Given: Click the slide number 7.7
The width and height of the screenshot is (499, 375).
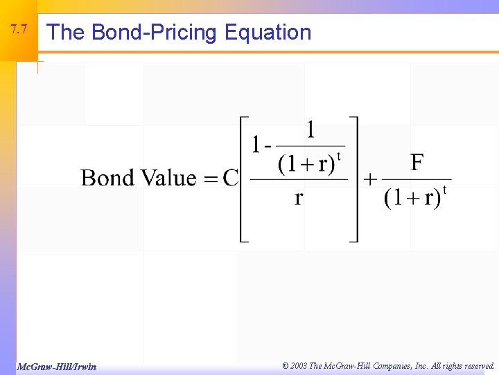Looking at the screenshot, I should [x=19, y=30].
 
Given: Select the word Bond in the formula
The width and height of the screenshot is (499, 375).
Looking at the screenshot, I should [x=108, y=178].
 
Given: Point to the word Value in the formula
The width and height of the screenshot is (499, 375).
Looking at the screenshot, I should [x=168, y=178].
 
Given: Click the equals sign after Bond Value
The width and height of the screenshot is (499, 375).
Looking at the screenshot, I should [x=209, y=178].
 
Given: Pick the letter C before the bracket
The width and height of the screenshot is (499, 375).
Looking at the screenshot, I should [x=230, y=178].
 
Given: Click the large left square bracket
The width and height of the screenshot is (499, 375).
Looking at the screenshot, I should [x=244, y=179].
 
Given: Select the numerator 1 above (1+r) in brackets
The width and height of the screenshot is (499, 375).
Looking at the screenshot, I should [x=310, y=130].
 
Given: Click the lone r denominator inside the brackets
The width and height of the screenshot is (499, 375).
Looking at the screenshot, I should [x=299, y=198].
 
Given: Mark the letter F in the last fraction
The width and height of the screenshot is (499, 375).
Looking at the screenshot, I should [x=417, y=163].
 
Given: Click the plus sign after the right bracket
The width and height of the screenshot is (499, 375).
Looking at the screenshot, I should [x=370, y=178].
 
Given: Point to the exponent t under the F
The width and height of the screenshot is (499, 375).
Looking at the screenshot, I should [x=444, y=188].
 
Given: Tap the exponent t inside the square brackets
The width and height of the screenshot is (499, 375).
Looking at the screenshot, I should [x=338, y=155].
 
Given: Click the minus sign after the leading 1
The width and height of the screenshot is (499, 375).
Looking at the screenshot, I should [x=265, y=146].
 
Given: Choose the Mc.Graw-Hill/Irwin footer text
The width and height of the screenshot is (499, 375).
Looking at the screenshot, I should [x=57, y=367].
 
